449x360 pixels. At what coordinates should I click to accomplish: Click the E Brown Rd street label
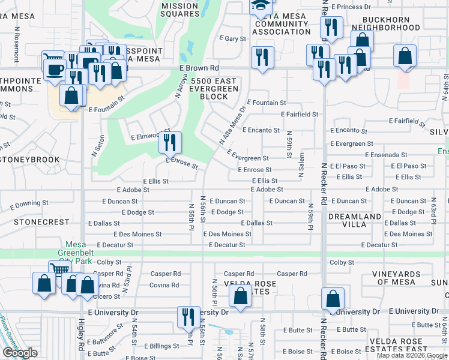(x=199, y=68)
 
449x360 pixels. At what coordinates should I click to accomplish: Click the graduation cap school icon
(x=261, y=6)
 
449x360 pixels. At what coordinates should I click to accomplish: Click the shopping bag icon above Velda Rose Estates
(x=240, y=296)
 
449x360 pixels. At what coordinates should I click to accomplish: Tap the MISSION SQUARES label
(x=179, y=10)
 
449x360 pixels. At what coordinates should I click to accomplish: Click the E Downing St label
(x=29, y=205)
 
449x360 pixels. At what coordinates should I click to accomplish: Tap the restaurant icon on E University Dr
(x=188, y=316)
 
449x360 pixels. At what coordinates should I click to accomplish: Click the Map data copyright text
(x=412, y=355)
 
